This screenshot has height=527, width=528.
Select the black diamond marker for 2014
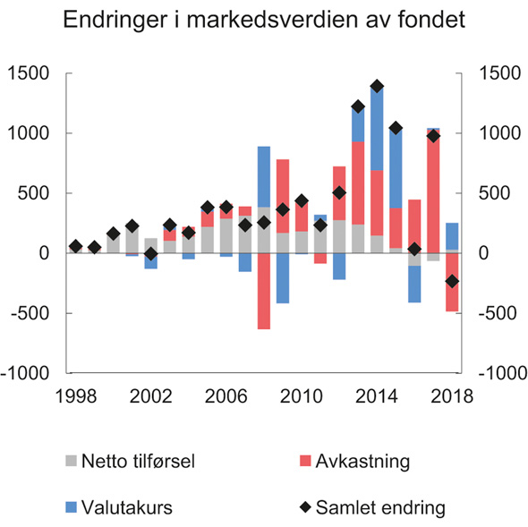tap(377, 86)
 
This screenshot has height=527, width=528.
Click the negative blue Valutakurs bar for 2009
tap(283, 277)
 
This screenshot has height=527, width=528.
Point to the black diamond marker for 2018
tap(452, 281)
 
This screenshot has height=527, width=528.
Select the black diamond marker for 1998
tap(75, 246)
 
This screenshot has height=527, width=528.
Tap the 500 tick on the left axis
tap(37, 193)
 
